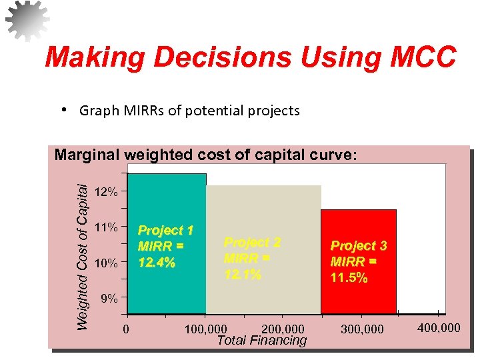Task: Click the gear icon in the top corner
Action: pyautogui.click(x=27, y=20)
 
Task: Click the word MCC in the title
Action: pyautogui.click(x=418, y=57)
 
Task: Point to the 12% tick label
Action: pyautogui.click(x=107, y=193)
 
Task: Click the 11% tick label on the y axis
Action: pyautogui.click(x=107, y=228)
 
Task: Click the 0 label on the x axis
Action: pyautogui.click(x=126, y=329)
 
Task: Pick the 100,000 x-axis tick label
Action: pyautogui.click(x=205, y=329)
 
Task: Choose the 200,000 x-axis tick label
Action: pyautogui.click(x=283, y=329)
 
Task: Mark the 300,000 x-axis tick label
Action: pyautogui.click(x=362, y=329)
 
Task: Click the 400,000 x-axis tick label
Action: pyautogui.click(x=438, y=327)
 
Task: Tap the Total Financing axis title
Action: pyautogui.click(x=262, y=341)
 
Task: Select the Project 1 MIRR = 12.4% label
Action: pyautogui.click(x=165, y=247)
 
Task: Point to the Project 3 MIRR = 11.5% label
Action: pyautogui.click(x=359, y=262)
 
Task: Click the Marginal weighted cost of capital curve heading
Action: pyautogui.click(x=206, y=155)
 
